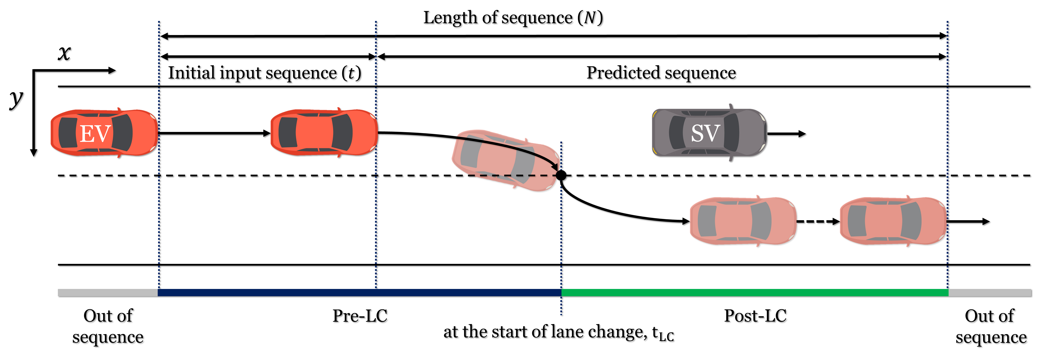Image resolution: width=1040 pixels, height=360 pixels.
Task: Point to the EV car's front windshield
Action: (x=123, y=132)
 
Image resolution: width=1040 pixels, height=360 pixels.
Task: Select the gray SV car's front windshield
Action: (x=731, y=132)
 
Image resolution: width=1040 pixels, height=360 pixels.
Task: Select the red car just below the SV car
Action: (x=743, y=221)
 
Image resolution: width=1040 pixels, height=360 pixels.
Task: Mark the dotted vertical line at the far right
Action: (x=947, y=81)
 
